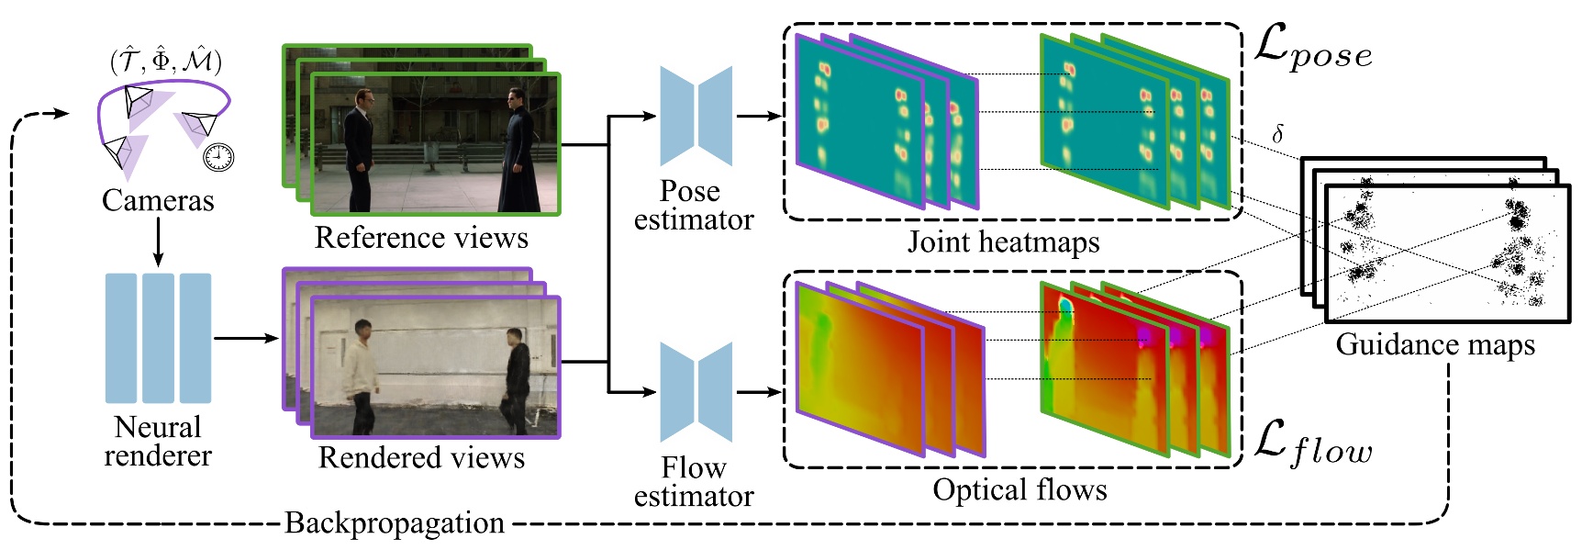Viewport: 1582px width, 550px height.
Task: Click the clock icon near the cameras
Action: coord(218,157)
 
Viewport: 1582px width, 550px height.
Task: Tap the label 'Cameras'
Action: coord(158,200)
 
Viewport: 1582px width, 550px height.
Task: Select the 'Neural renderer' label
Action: coord(158,442)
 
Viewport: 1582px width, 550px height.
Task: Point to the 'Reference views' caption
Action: coord(421,238)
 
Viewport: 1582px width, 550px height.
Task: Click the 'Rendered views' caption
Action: coord(421,457)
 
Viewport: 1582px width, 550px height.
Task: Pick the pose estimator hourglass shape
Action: coord(696,117)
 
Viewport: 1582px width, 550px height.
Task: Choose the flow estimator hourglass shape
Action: coord(696,392)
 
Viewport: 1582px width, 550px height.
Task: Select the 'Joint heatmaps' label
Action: coord(1003,242)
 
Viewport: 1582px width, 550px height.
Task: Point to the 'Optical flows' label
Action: coord(1019,489)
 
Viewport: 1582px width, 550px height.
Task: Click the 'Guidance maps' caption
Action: coord(1435,344)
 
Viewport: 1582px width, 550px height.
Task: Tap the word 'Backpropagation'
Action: coord(395,522)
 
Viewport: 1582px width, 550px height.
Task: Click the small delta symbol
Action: coord(1276,135)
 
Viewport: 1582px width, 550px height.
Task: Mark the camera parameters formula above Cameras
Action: coord(166,62)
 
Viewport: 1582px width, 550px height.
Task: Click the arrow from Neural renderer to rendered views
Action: coord(246,338)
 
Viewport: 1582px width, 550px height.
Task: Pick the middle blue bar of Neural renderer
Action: coord(158,338)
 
